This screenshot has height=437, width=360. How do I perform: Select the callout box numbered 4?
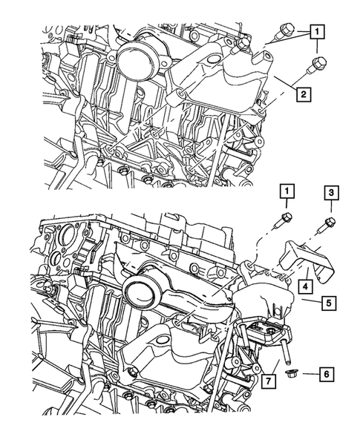(304, 286)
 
